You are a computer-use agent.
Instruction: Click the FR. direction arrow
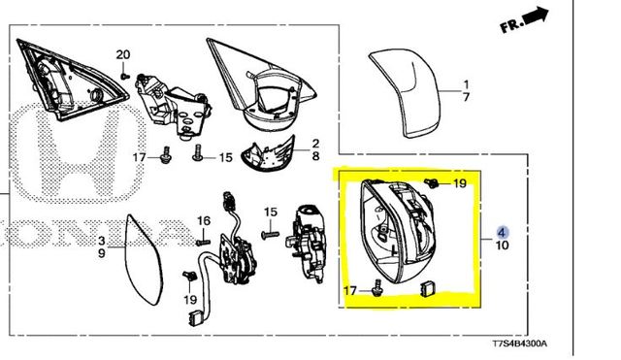536,16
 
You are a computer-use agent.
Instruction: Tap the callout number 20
123,54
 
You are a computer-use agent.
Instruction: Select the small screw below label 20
125,75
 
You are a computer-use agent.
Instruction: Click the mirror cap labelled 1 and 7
404,93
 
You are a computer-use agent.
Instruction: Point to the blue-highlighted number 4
503,232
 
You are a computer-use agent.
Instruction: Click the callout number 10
502,245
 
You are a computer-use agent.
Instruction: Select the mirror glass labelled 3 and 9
144,260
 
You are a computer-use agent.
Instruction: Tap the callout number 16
204,221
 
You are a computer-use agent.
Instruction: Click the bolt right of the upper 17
166,155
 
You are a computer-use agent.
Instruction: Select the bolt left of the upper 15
197,153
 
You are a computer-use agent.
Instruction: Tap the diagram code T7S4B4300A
520,344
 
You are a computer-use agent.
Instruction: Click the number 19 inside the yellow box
460,183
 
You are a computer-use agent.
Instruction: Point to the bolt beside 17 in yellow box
376,288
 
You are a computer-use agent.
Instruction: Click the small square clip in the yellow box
427,289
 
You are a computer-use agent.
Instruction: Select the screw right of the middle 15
271,235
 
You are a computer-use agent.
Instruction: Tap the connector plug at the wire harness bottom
194,318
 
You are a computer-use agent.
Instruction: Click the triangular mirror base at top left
71,80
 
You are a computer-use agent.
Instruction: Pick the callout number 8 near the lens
315,156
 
